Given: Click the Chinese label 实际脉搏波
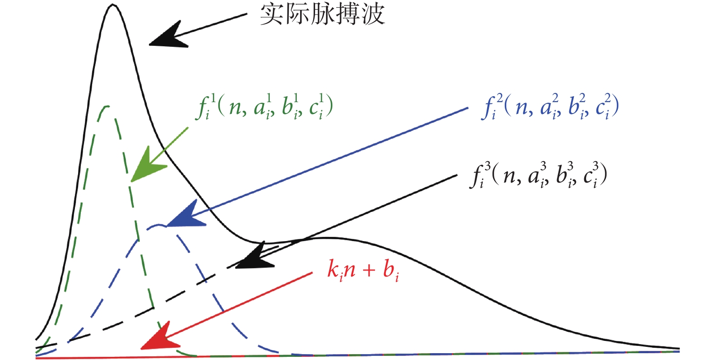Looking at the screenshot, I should [x=322, y=15].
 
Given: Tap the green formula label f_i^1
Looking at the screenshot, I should [x=265, y=107].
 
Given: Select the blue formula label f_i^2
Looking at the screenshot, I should [x=550, y=107].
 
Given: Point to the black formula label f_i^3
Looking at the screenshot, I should [x=538, y=175].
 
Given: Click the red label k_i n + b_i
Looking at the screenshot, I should [x=363, y=270].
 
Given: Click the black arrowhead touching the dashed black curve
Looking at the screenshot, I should [x=254, y=257].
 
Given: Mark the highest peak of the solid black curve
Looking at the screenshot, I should [x=112, y=5].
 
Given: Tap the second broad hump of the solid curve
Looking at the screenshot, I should [x=327, y=238].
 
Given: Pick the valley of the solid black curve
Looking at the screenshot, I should [x=263, y=243].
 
